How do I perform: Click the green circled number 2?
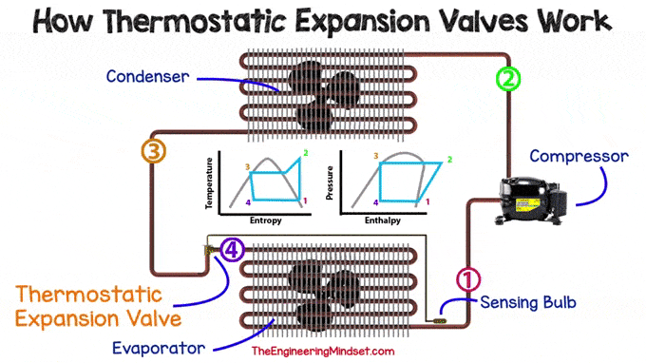(508, 79)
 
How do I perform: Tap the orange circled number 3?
(152, 150)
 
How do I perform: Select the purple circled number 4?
(233, 250)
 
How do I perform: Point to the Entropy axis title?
(265, 220)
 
